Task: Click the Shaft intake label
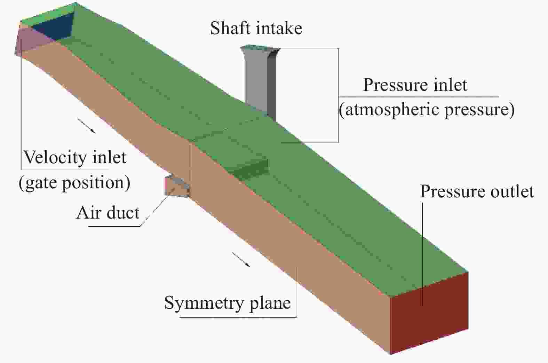click(256, 29)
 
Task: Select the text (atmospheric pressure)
click(427, 110)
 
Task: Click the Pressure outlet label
click(477, 191)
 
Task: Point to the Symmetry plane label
click(228, 303)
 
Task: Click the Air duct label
click(108, 213)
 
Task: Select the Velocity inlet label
click(75, 157)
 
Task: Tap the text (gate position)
click(74, 182)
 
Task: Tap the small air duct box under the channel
click(176, 186)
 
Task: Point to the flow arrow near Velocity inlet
click(86, 125)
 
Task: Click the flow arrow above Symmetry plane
click(241, 260)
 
